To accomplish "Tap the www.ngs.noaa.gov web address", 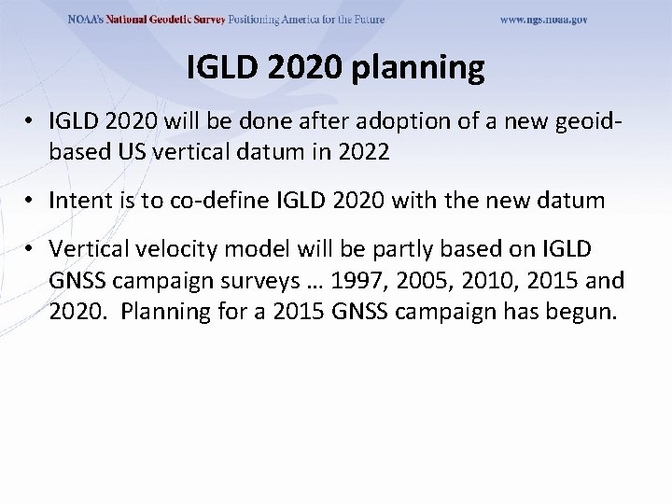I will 544,19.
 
